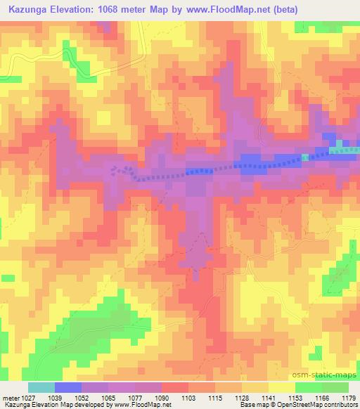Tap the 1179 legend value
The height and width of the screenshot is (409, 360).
point(348,398)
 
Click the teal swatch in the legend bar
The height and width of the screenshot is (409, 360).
point(41,387)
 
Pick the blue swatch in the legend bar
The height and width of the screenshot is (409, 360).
point(68,387)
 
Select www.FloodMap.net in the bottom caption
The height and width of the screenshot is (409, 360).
point(144,405)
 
